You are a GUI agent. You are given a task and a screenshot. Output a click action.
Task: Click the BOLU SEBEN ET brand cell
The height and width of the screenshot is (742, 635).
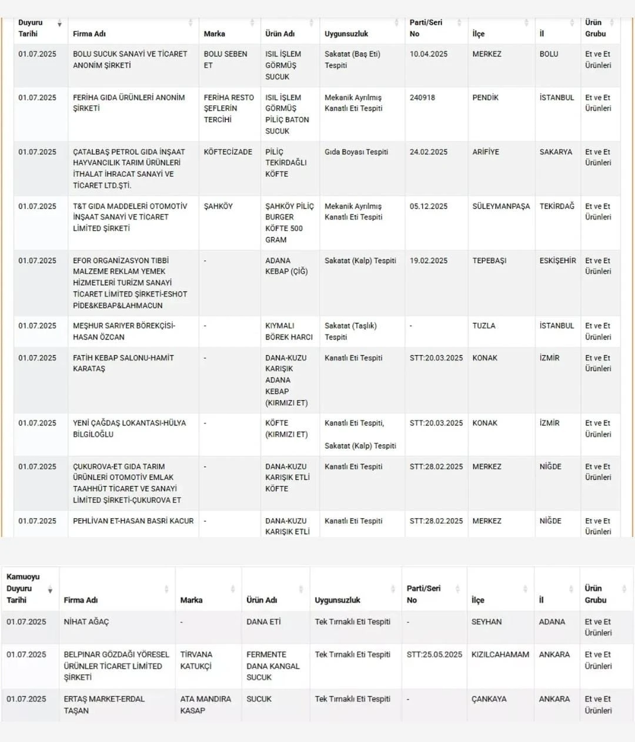[x=225, y=59]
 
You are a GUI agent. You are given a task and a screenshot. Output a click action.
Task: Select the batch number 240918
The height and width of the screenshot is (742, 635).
[x=422, y=98]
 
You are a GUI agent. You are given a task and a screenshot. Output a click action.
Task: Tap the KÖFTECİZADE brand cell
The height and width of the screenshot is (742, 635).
[x=228, y=152]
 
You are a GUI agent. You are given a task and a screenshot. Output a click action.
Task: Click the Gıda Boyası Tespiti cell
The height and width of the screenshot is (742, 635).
[x=356, y=152]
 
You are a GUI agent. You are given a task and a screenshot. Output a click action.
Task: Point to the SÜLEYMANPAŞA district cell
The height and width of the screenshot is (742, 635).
[x=500, y=206]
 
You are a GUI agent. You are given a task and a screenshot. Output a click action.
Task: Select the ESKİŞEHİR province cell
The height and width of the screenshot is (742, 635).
[x=557, y=260]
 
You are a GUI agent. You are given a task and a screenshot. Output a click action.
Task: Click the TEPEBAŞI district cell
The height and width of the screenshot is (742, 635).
[x=489, y=260]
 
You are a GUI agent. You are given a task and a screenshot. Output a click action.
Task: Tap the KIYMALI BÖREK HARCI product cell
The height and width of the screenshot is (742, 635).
[x=289, y=331]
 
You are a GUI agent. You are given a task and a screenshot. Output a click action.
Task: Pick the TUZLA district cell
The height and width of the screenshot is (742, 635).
[x=483, y=325]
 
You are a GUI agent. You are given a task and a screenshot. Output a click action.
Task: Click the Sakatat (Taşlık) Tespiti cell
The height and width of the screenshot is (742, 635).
[x=350, y=331]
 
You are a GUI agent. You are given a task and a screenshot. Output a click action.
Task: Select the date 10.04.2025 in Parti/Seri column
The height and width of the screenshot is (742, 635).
[x=428, y=53]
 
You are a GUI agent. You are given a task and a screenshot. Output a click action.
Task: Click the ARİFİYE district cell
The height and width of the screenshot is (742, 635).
[x=485, y=152]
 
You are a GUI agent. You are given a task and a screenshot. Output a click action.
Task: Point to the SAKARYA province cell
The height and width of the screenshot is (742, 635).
[x=556, y=152]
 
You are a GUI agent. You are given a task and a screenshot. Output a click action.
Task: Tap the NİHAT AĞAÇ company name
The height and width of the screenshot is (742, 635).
[x=86, y=622]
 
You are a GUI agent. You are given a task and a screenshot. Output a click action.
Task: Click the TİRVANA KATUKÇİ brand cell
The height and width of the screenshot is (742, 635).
[x=196, y=660]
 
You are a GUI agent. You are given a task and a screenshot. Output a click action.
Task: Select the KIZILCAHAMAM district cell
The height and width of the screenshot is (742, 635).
[x=500, y=654]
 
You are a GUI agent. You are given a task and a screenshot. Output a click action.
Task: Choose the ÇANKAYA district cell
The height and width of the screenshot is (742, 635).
[x=489, y=699]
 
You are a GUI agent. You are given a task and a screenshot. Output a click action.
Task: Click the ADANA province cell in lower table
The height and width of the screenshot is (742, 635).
[x=552, y=622]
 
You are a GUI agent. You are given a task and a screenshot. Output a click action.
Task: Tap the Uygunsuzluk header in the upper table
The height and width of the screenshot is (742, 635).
[x=346, y=34]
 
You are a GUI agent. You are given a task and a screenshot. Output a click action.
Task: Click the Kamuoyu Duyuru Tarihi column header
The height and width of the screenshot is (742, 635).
[x=24, y=588]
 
